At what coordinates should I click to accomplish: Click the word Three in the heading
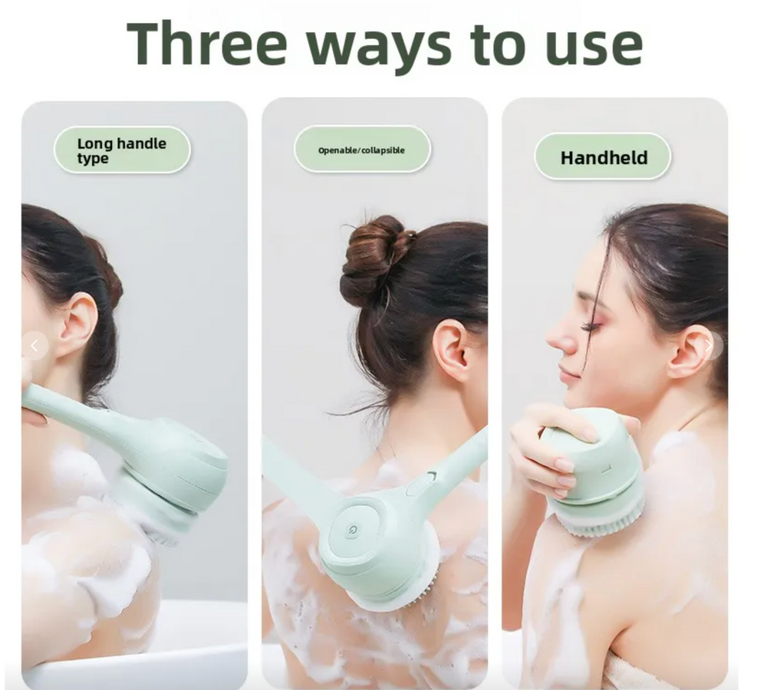coord(206,43)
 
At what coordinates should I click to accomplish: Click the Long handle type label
coord(122,150)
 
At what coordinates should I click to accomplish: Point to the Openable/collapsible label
coord(362,149)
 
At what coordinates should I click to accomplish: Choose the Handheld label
coord(603,157)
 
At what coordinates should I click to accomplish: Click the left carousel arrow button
coord(35,347)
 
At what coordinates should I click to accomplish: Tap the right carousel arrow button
coord(709,347)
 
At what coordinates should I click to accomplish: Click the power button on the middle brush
coord(352,530)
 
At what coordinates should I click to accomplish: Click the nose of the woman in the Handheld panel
coord(559,339)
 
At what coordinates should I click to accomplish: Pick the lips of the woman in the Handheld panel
coord(568,373)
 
